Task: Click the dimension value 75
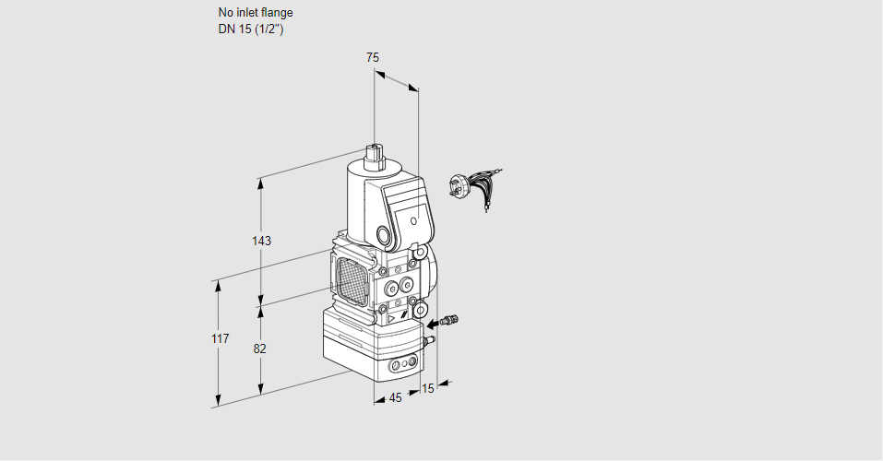pos(372,57)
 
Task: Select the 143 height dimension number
pos(261,241)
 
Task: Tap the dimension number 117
pos(221,338)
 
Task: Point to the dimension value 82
pos(259,349)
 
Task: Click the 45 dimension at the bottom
pos(395,398)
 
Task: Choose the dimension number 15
pos(428,388)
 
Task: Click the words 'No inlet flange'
pos(256,12)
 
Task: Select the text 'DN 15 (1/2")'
pos(251,30)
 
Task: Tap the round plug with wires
pos(456,186)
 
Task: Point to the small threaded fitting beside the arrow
pos(450,320)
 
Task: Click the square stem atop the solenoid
pos(374,152)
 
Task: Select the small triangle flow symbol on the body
pos(391,319)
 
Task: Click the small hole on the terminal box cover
pos(414,221)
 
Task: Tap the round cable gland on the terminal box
pos(385,235)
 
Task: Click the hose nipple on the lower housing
pos(430,339)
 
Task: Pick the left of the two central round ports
pos(390,290)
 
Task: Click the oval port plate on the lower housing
pos(404,364)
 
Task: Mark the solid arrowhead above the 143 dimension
pos(260,183)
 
